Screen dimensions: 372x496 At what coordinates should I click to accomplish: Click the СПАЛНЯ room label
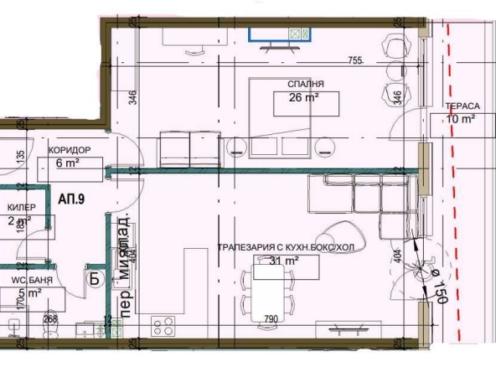305,84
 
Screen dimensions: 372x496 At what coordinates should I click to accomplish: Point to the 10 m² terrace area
462,119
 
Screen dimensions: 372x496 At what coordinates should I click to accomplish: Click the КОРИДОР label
70,151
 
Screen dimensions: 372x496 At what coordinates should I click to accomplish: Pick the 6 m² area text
67,164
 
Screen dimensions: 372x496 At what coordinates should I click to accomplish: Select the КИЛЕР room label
22,206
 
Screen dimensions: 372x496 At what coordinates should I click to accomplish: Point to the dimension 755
354,60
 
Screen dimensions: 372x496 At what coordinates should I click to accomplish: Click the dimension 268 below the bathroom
49,318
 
